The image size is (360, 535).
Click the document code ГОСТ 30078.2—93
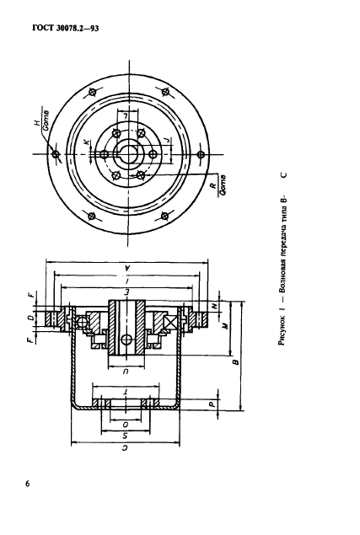pyautogui.click(x=65, y=28)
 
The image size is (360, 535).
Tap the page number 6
pyautogui.click(x=27, y=484)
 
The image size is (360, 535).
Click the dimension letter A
pyautogui.click(x=127, y=268)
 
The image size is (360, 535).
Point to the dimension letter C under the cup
pyautogui.click(x=125, y=449)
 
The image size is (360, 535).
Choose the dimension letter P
pyautogui.click(x=212, y=404)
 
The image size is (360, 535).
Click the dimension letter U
pyautogui.click(x=126, y=372)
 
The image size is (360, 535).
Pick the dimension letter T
pyautogui.click(x=126, y=392)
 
